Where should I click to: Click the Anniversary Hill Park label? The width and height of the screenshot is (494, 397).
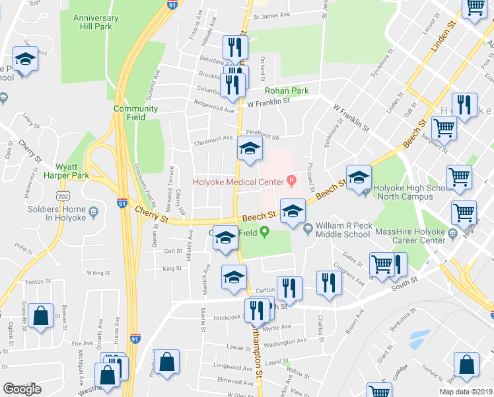96,22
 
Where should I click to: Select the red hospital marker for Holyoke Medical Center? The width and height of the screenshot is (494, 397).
291,180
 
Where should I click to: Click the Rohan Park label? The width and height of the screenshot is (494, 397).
287,91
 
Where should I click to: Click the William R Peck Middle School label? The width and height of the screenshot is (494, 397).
342,230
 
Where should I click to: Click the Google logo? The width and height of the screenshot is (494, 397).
22,389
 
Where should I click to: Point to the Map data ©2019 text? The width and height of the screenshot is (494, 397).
466,392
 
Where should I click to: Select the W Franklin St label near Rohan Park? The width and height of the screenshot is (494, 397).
269,102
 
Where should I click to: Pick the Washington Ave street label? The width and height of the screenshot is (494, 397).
285,341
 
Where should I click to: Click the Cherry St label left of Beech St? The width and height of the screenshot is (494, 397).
153,212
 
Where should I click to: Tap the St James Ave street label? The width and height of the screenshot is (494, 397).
271,15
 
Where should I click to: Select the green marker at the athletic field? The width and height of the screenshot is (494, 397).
265,232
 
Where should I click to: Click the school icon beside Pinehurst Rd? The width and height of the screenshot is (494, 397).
250,151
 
